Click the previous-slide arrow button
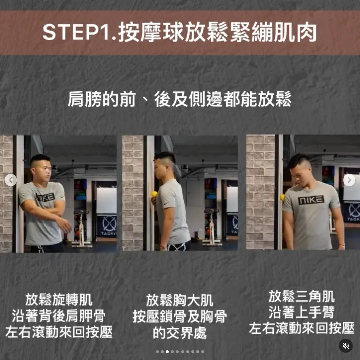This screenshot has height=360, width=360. tap(11, 180)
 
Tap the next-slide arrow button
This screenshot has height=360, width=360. tap(349, 180)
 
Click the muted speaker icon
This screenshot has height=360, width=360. tap(345, 346)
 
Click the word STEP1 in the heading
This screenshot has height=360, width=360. tap(76, 32)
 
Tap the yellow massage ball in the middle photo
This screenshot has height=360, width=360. tap(154, 194)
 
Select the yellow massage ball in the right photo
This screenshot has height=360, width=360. tap(282, 198)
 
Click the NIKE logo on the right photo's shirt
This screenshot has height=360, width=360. tap(311, 200)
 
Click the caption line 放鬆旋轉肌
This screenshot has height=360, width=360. tap(59, 300)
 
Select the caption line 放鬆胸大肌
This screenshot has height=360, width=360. tap(179, 300)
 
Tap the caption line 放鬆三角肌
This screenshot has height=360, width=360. tap(301, 296)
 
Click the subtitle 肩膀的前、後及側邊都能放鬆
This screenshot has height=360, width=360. tap(179, 99)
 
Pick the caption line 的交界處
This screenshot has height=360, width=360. tap(179, 333)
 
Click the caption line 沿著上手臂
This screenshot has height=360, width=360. tap(301, 312)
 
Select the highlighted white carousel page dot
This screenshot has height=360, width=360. tap(167, 352)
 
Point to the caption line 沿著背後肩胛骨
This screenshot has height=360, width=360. tap(59, 316)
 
